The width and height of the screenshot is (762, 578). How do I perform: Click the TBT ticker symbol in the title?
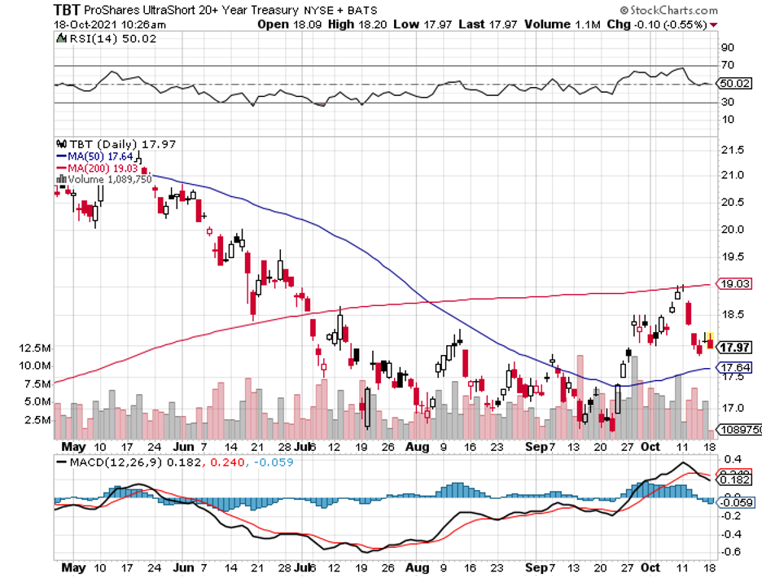pyautogui.click(x=68, y=10)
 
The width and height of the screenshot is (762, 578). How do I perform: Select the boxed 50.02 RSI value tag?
pyautogui.click(x=734, y=83)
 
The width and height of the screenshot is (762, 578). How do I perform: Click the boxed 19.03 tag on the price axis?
pyautogui.click(x=734, y=283)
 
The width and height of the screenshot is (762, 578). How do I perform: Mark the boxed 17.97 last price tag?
pyautogui.click(x=734, y=347)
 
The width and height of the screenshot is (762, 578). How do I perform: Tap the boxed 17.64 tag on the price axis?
pyautogui.click(x=734, y=367)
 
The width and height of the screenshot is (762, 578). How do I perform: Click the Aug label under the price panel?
pyautogui.click(x=416, y=447)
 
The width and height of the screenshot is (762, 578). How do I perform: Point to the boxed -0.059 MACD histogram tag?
pyautogui.click(x=736, y=502)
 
